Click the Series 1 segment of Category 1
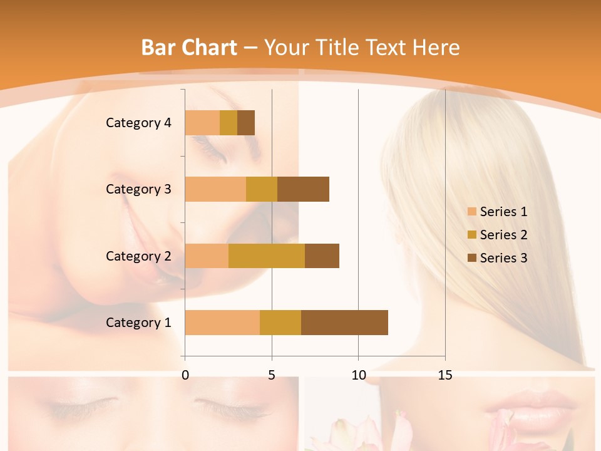click(222, 323)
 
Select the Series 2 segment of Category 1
click(280, 323)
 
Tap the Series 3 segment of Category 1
click(344, 323)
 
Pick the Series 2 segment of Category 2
click(267, 256)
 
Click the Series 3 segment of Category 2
click(322, 256)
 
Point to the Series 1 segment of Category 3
click(215, 189)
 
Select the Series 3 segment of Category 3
click(303, 189)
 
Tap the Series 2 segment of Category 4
click(229, 123)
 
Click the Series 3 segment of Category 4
click(246, 123)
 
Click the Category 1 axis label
click(138, 323)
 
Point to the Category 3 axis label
click(138, 189)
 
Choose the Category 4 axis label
click(138, 123)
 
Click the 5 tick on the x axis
click(272, 375)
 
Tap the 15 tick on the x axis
click(444, 375)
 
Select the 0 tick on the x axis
click(185, 375)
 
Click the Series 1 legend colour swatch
click(471, 212)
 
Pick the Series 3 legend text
click(503, 258)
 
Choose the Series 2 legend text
click(503, 235)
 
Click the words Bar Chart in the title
click(188, 47)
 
